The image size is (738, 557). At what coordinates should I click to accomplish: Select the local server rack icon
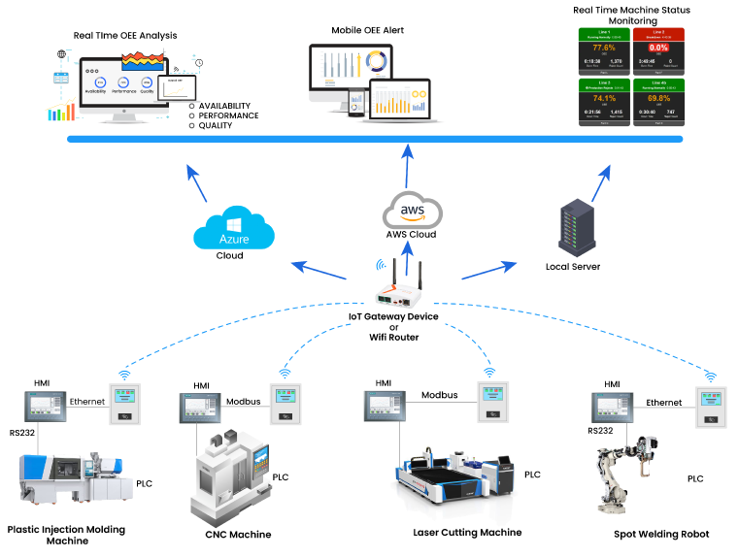(x=573, y=227)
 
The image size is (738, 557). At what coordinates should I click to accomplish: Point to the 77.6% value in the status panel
(x=603, y=48)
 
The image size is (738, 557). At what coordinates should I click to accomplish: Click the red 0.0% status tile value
(x=658, y=48)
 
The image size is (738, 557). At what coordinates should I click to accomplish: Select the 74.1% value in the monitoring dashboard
(x=603, y=98)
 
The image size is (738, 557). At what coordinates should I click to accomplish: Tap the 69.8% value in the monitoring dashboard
(x=658, y=98)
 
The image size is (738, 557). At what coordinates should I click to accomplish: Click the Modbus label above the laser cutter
(x=439, y=395)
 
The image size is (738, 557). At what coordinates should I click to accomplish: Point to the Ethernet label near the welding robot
(x=663, y=402)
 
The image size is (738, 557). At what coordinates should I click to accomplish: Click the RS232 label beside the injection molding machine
(x=23, y=432)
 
